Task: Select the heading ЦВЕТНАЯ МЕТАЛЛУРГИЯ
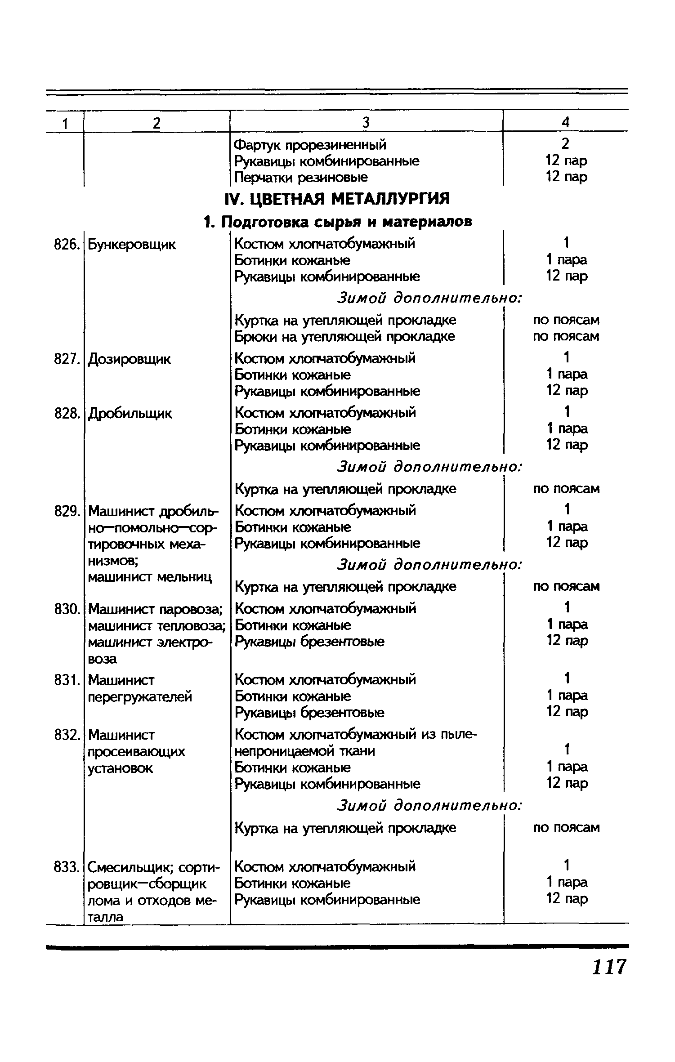point(337,198)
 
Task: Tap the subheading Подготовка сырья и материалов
point(338,222)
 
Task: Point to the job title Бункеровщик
point(132,245)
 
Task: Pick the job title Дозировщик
point(130,359)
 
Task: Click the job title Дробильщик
point(130,413)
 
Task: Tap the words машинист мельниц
point(150,577)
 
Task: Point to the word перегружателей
point(140,696)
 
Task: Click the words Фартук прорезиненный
point(310,145)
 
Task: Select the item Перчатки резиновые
point(301,177)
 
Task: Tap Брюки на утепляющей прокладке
point(345,336)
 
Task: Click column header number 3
point(366,122)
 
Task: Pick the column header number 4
point(566,122)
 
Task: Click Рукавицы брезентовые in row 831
point(310,713)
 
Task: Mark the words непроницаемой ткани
point(305,751)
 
